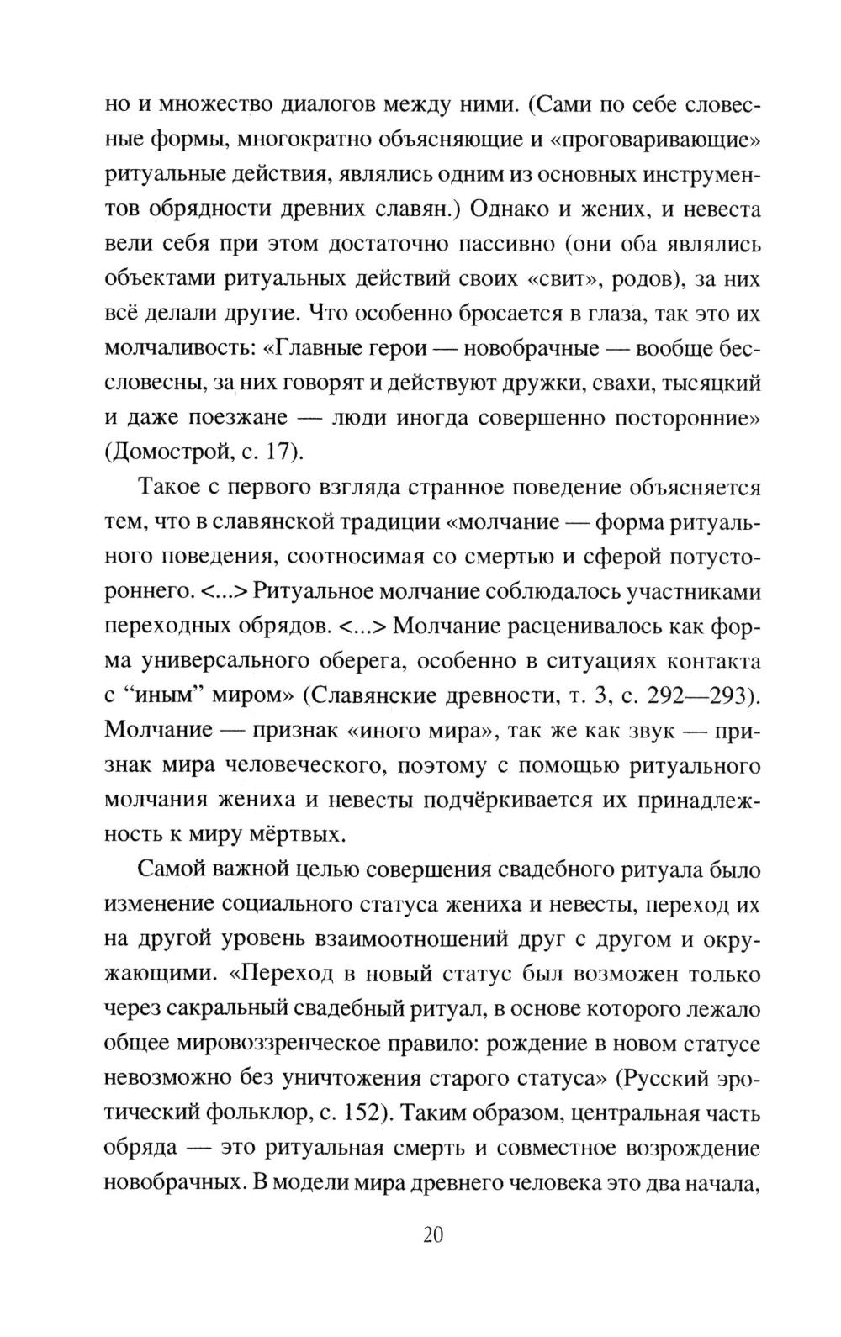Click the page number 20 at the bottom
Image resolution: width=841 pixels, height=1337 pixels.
(433, 1235)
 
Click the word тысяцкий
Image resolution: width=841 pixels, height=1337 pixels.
(711, 383)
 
